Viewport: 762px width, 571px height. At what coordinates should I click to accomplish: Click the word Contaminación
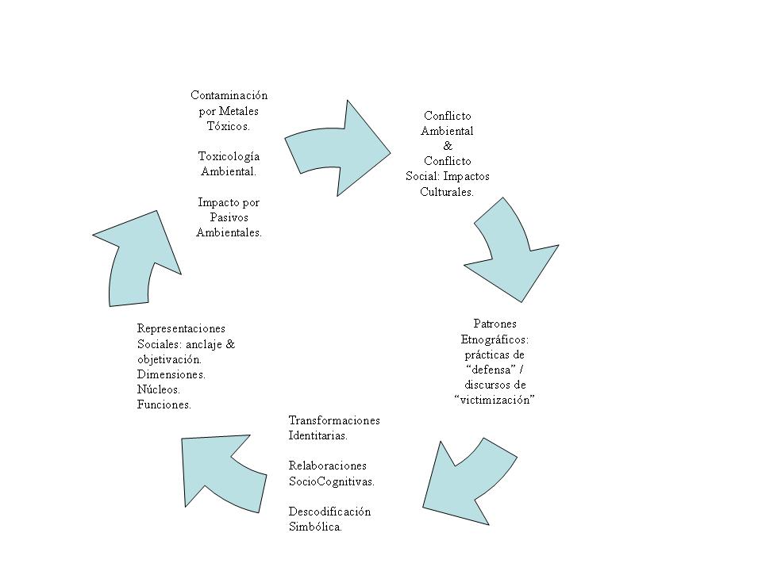pos(229,95)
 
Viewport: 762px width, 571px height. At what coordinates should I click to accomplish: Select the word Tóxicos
pos(229,126)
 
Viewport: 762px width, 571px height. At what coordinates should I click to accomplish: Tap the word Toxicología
pos(229,156)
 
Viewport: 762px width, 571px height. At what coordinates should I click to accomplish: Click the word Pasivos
pos(229,217)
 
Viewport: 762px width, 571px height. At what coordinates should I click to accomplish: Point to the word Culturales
pos(447,192)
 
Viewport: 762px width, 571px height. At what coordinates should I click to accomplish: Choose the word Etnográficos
pos(495,339)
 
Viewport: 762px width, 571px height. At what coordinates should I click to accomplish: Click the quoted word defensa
pos(491,370)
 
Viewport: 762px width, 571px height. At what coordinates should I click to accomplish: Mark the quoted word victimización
pos(495,400)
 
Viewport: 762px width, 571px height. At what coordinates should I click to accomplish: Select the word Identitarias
pos(317,435)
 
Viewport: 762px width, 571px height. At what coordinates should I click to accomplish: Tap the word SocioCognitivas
pos(332,481)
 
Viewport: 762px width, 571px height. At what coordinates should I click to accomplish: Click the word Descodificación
pos(329,512)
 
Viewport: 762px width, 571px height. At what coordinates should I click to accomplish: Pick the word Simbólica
pos(315,527)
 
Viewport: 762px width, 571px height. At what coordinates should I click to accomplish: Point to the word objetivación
pos(169,359)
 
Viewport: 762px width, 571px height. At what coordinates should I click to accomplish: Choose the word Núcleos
pos(159,389)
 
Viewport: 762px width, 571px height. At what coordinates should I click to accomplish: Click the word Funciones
pos(164,404)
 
